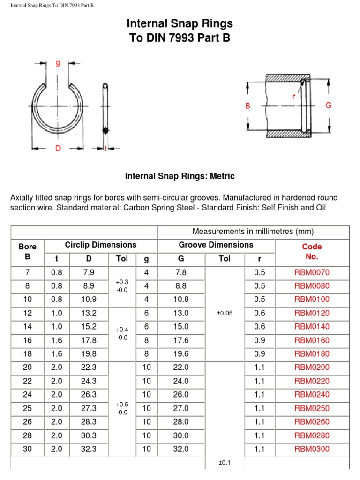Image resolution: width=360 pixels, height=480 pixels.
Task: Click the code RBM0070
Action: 312,272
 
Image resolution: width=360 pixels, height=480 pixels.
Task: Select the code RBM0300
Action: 312,449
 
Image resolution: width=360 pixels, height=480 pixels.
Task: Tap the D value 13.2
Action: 89,313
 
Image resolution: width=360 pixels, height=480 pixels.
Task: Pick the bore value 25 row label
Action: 27,408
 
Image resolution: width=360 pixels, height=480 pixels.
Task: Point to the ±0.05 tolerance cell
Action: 225,313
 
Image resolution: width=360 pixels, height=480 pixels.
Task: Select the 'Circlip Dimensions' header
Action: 101,245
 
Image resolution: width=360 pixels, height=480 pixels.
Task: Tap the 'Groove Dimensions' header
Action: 216,245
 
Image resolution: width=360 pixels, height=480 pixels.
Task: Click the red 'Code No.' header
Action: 312,251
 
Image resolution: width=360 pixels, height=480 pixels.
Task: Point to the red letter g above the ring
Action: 58,64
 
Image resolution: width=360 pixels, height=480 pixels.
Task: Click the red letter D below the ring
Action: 58,148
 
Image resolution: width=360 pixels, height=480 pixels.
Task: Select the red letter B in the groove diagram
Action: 248,106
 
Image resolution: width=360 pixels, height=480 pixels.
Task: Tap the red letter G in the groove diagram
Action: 328,105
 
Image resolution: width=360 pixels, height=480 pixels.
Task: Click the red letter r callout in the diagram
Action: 294,97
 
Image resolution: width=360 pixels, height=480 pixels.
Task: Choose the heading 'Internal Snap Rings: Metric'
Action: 180,176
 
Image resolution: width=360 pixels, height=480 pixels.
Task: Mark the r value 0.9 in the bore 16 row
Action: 259,340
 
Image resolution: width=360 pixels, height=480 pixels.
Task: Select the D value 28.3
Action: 89,422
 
